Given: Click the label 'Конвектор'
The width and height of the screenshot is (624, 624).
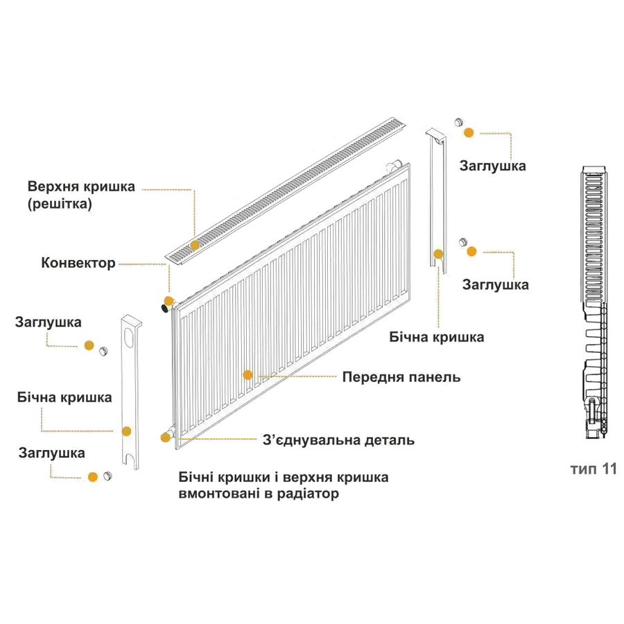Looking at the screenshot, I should (78, 263).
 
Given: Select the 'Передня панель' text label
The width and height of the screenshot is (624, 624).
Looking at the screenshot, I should (401, 377).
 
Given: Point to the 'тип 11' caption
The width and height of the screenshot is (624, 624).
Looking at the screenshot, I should (594, 469).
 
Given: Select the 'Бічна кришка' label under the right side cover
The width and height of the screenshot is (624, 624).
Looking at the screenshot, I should (437, 338).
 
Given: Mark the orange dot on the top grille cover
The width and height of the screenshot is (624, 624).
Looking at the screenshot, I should (195, 244).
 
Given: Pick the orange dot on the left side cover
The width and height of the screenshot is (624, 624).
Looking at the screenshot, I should (127, 431).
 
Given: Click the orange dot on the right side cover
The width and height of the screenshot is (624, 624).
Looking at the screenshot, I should (438, 254).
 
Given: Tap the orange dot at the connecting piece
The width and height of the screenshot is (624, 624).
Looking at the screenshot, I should (166, 436).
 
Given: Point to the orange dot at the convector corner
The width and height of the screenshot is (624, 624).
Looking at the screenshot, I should (168, 300).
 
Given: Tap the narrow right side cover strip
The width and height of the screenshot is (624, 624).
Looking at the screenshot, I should (437, 201).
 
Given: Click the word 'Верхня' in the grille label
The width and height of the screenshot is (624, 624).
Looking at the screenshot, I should (53, 187).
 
